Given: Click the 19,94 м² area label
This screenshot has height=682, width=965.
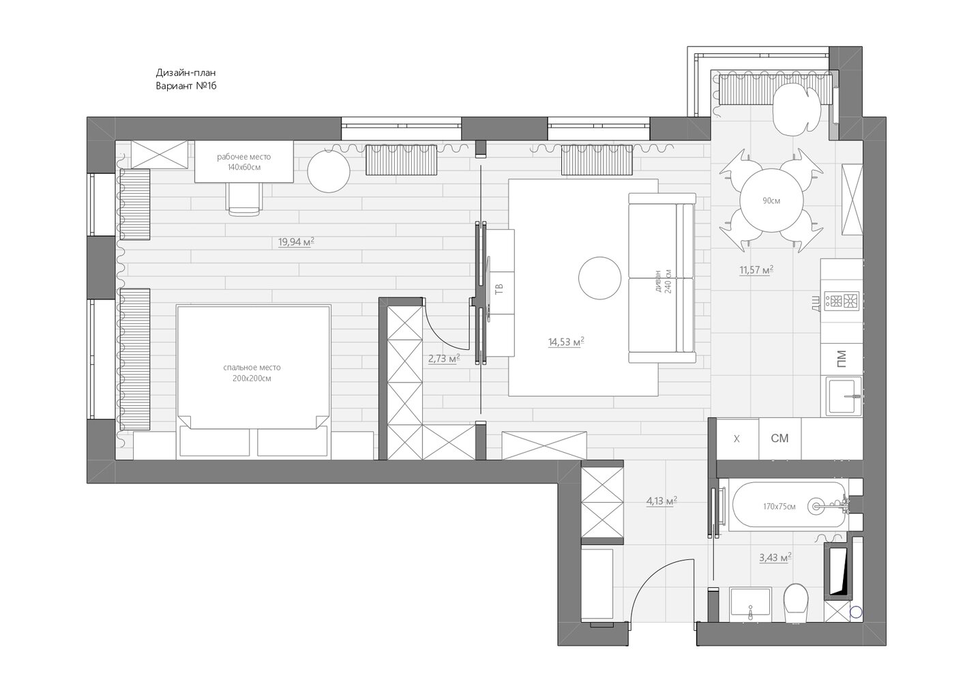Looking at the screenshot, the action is [296, 242].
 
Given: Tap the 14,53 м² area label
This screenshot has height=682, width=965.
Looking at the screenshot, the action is [566, 342].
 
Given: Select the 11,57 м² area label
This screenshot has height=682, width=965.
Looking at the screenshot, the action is [756, 270].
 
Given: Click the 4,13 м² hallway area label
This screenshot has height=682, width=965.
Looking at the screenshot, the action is [662, 501].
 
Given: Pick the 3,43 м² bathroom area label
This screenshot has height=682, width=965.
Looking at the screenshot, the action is [775, 558].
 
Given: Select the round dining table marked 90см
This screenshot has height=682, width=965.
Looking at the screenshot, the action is [771, 201].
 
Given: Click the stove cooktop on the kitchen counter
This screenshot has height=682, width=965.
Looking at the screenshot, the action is [842, 300].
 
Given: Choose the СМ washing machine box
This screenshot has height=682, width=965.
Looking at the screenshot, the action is [780, 439].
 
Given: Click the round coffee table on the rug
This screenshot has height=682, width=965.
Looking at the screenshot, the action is [599, 278].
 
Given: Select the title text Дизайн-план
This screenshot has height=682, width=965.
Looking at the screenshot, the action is [185, 73].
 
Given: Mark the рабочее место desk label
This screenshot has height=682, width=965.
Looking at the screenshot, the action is [244, 158].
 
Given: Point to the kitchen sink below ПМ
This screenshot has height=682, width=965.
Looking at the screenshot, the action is [844, 397].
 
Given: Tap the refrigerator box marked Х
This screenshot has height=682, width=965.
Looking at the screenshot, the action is [737, 439].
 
